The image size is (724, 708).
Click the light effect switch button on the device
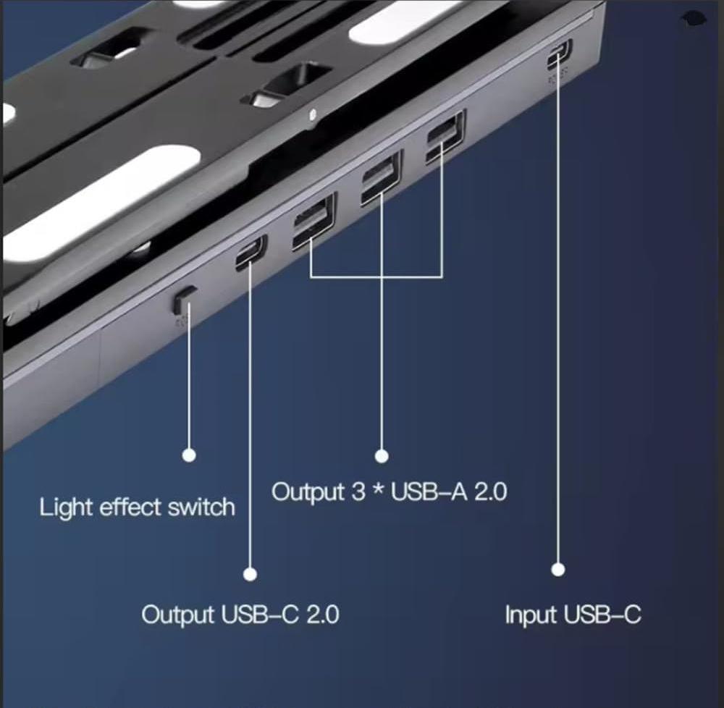(184, 298)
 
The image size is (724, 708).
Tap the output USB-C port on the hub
(251, 252)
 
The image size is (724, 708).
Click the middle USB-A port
(382, 177)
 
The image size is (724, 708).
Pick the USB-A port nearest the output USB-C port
(314, 221)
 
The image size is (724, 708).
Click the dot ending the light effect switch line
(189, 455)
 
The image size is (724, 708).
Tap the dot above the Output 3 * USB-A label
(382, 456)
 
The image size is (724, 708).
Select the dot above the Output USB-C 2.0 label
(251, 574)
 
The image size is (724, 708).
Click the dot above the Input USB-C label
(558, 570)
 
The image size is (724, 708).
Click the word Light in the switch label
(67, 508)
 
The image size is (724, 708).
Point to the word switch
(201, 507)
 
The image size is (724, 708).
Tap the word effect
(131, 507)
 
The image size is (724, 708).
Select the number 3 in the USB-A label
(358, 492)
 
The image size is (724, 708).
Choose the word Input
(531, 615)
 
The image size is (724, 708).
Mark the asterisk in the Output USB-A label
(379, 489)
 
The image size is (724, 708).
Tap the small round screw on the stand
(313, 113)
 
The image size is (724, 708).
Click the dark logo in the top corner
(694, 19)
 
